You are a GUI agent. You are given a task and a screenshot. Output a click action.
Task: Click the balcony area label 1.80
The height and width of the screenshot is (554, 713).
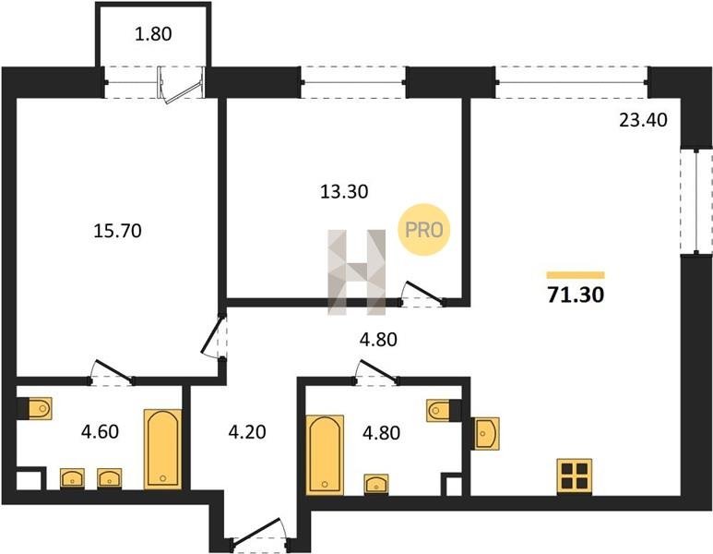tap(153, 34)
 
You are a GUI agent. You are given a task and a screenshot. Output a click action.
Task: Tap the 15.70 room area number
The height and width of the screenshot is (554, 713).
tap(117, 231)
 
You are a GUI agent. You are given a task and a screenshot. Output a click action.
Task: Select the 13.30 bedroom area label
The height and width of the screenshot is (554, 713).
tap(344, 192)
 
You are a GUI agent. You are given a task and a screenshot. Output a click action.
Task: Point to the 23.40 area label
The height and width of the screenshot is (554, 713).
tap(644, 120)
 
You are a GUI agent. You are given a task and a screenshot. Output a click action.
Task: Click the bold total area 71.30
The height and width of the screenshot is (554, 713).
tap(576, 295)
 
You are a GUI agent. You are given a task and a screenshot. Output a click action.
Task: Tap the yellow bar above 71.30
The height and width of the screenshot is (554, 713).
tap(576, 275)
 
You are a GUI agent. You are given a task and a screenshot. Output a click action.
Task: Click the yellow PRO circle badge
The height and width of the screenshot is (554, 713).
tap(423, 229)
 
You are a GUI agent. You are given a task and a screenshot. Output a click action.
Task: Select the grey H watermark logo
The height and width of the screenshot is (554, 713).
tap(356, 272)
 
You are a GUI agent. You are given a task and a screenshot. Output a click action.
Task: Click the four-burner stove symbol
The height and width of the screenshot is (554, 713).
tap(575, 476)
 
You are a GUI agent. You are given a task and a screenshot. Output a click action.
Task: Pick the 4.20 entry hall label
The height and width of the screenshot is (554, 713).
tap(247, 431)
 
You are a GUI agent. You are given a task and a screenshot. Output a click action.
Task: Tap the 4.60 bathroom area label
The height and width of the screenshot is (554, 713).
tap(100, 431)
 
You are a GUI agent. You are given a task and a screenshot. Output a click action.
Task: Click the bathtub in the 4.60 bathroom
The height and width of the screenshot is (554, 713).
tap(162, 450)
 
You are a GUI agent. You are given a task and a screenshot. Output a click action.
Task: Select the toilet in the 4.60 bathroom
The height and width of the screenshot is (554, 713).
tap(34, 408)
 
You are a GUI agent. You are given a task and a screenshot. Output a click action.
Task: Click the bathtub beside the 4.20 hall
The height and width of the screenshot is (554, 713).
tap(325, 454)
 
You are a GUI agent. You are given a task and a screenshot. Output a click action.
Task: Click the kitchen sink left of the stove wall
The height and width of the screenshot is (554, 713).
tap(485, 433)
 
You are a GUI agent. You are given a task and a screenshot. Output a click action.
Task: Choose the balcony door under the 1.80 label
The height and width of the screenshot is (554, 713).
tap(181, 85)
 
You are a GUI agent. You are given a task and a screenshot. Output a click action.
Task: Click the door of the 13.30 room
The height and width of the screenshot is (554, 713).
tap(422, 295)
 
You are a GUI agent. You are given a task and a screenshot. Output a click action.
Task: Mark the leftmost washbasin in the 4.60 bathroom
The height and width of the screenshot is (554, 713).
tap(72, 478)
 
